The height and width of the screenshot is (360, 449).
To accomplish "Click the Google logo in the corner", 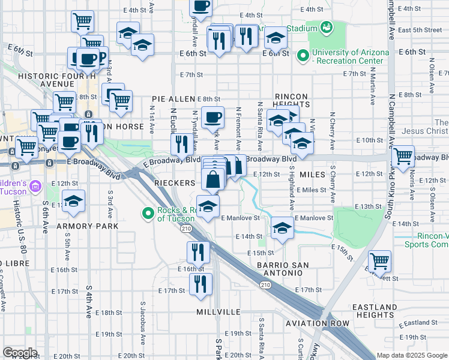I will click(x=20, y=353).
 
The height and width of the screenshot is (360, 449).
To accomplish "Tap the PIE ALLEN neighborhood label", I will click(x=173, y=98).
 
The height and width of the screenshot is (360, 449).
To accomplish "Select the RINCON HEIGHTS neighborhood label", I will click(x=291, y=100).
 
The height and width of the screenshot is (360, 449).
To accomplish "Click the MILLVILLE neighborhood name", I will click(x=218, y=313).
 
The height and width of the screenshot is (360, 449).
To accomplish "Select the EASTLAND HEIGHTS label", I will click(x=376, y=311).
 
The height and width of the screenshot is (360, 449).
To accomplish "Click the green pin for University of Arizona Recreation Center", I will click(x=303, y=56).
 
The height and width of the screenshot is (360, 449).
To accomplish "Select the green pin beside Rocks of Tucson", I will click(x=148, y=213).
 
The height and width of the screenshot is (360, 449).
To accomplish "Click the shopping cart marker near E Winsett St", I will click(x=379, y=262).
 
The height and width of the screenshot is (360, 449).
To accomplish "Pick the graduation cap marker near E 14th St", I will click(x=282, y=228).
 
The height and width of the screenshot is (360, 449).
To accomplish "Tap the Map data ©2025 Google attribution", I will click(x=411, y=355).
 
